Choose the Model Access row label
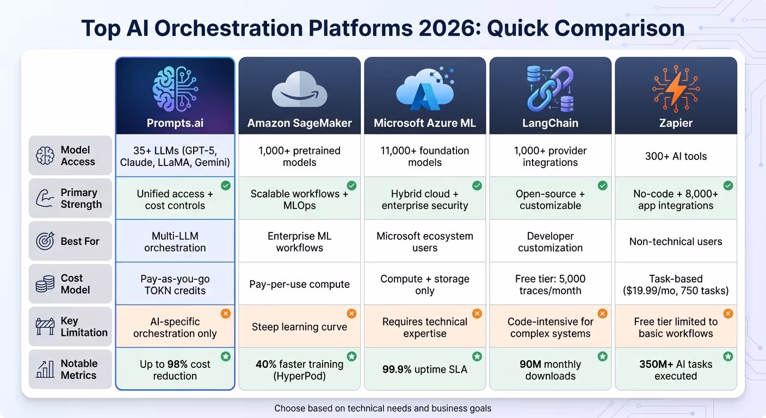coord(78,156)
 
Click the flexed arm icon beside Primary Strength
coord(45,199)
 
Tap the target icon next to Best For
coord(45,241)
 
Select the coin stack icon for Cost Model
coord(45,284)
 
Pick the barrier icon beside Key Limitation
coord(45,327)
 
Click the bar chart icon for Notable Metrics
coord(45,370)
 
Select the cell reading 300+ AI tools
coord(676,156)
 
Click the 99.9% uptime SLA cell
coord(424,370)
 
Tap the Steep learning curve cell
coord(299,327)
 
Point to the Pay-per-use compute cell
coord(299,284)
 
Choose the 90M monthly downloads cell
coord(550,370)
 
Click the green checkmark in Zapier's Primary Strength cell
coord(728,186)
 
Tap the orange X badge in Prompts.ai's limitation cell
coord(226,313)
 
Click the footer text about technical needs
coord(382,408)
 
